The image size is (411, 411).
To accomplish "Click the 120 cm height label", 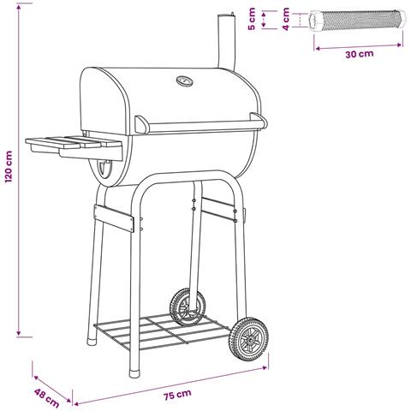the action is pos(9,167).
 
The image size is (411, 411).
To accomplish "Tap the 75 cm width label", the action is pos(177,395).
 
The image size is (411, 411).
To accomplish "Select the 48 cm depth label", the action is pos(46,397).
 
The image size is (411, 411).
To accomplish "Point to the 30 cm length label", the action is pos(360,54).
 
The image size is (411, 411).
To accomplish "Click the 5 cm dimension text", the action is pos(252,19).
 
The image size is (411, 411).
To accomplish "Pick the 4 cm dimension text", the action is pos(286,19).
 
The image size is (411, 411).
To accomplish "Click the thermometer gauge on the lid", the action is pos(185,81).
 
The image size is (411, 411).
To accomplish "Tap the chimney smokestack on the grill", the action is pos(227,41).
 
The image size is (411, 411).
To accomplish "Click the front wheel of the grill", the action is pos(249,339).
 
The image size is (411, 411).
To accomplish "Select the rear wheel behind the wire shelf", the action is pos(188,307).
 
